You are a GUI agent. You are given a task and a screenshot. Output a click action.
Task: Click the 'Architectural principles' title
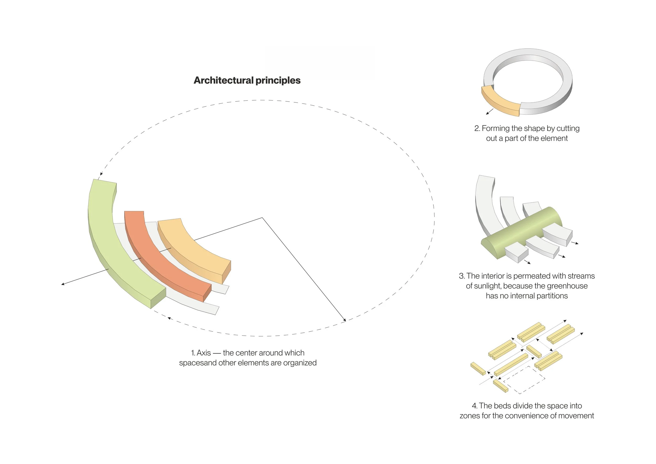(x=247, y=80)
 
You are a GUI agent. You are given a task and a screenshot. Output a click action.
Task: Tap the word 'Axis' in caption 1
(x=204, y=353)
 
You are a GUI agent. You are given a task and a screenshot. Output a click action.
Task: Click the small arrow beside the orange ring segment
(x=490, y=112)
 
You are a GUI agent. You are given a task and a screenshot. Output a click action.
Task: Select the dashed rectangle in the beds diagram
(x=524, y=380)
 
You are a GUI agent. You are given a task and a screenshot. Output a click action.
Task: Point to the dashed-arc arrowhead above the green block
(x=101, y=174)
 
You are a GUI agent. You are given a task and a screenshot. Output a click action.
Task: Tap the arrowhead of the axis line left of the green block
(x=63, y=284)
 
